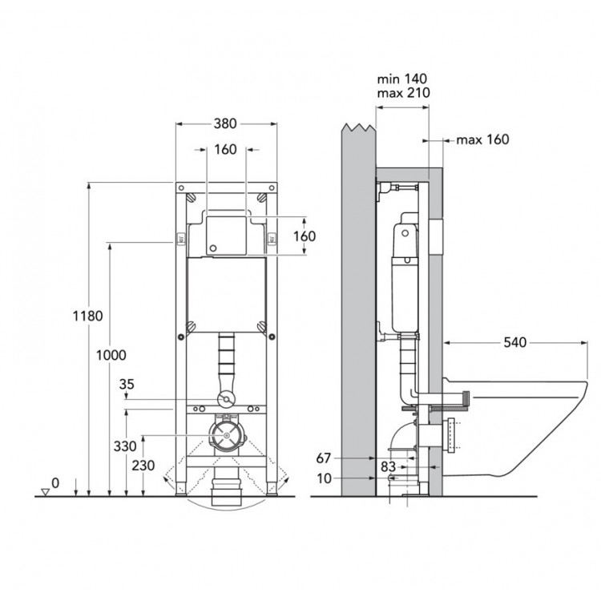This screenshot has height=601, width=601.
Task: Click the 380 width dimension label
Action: pyautogui.click(x=225, y=123)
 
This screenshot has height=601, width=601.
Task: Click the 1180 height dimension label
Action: pyautogui.click(x=88, y=316)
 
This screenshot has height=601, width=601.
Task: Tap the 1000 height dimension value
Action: pyautogui.click(x=111, y=355)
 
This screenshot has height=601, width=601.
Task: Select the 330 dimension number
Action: pyautogui.click(x=125, y=446)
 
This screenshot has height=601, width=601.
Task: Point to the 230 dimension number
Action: pyautogui.click(x=143, y=466)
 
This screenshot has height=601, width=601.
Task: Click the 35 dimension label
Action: pyautogui.click(x=127, y=384)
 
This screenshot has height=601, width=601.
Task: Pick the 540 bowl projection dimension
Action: pyautogui.click(x=515, y=342)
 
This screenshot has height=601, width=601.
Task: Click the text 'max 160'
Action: pyautogui.click(x=482, y=139)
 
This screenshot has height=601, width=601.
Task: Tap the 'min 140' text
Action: pyautogui.click(x=402, y=79)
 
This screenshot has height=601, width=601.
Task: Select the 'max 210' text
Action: pyautogui.click(x=404, y=93)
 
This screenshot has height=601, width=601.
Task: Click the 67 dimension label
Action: pyautogui.click(x=324, y=458)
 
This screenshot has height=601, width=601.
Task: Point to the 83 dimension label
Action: pyautogui.click(x=388, y=467)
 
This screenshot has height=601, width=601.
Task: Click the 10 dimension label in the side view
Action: pyautogui.click(x=325, y=478)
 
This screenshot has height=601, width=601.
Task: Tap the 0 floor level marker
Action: pyautogui.click(x=55, y=483)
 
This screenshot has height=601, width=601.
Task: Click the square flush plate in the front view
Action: pyautogui.click(x=226, y=236)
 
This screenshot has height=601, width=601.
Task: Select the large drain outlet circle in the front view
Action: pyautogui.click(x=227, y=436)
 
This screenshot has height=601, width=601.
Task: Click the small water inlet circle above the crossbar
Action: pyautogui.click(x=226, y=399)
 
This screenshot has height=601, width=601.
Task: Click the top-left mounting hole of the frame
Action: pyautogui.click(x=181, y=188)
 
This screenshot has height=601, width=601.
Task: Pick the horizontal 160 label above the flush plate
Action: pyautogui.click(x=225, y=150)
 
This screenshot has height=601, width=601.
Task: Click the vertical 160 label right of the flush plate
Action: pyautogui.click(x=305, y=236)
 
